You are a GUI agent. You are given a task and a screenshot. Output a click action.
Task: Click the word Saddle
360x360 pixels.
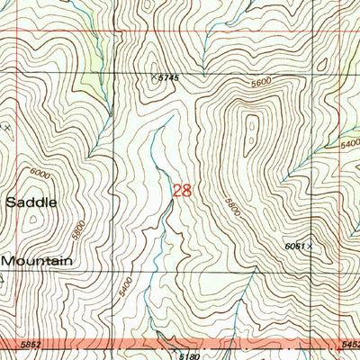pos(31,202)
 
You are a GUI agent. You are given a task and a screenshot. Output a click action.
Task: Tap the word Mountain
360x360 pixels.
pos(36,260)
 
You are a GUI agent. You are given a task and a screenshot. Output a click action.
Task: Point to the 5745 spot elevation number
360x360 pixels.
pos(168,79)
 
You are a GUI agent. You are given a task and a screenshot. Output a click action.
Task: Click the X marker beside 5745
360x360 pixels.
pos(154,76)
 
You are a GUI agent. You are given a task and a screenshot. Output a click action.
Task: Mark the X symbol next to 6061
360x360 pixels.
pos(310,244)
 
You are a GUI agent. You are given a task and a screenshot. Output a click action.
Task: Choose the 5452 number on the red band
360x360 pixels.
pos(350,344)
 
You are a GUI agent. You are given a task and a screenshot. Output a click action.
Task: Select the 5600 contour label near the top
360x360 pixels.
pos(261,83)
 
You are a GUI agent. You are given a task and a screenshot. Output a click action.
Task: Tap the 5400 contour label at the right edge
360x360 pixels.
pos(350,143)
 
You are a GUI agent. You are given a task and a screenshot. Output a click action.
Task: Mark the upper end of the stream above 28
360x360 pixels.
pos(169,115)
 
